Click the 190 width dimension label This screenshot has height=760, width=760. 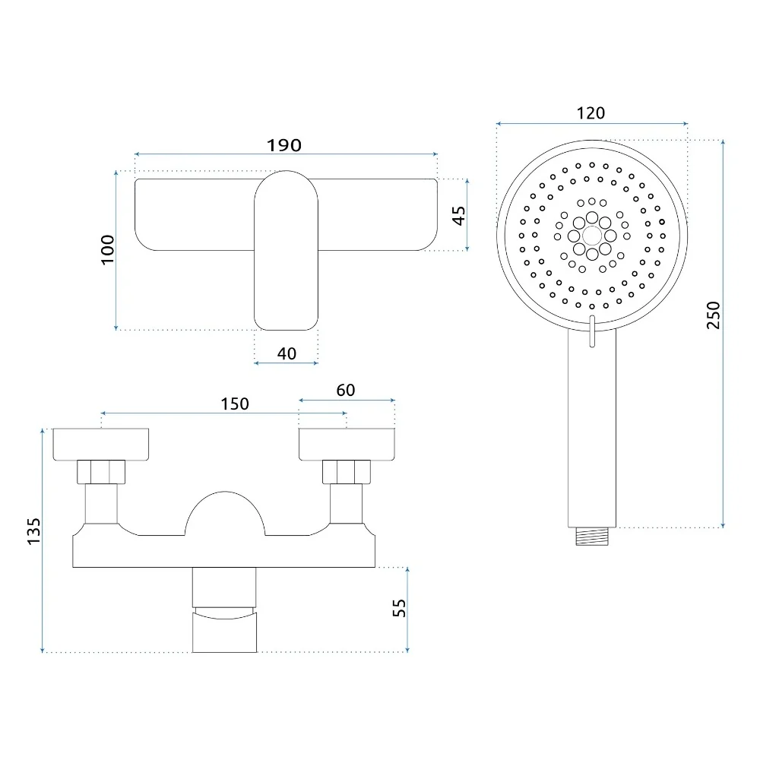[284, 145]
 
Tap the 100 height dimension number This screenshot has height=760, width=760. [108, 249]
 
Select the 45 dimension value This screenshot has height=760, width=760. [458, 215]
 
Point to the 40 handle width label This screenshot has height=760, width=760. [287, 353]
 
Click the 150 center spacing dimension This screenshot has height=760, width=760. [235, 404]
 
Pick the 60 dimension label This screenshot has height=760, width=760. [346, 390]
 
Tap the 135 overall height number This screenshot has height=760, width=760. [34, 531]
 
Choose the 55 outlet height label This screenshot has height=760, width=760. [399, 608]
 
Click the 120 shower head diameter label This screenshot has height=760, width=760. [591, 113]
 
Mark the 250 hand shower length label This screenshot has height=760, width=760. [714, 315]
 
